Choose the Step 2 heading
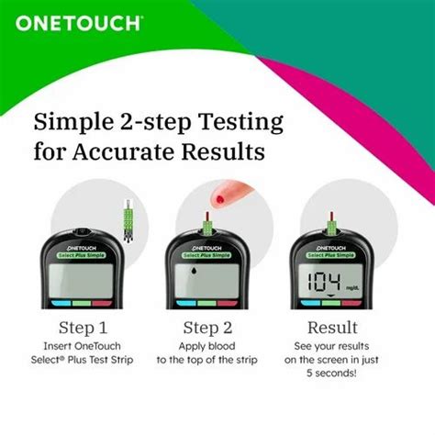coord(208,327)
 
